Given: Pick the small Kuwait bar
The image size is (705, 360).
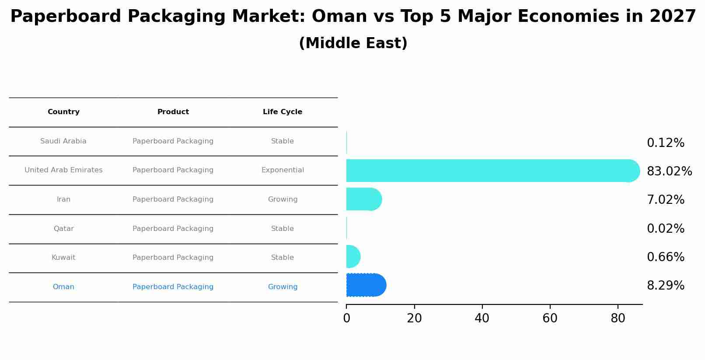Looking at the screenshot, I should [352, 257].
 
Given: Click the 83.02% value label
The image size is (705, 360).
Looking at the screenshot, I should [669, 171].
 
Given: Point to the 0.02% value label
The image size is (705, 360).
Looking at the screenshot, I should [665, 229].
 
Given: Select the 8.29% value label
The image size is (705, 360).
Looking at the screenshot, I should [665, 286].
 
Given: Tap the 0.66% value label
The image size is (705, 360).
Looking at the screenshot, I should [665, 257].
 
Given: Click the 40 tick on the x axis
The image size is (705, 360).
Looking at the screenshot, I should [482, 318].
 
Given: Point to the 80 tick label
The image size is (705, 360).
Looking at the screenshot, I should [618, 318].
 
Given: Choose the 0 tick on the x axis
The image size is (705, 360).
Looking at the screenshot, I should [346, 318].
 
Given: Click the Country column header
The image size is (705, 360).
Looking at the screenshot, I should [63, 112].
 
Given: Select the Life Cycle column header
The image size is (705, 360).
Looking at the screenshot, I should [283, 112].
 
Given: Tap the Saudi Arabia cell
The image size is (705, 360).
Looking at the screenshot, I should [63, 141].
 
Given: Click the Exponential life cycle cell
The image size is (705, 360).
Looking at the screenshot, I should [283, 170].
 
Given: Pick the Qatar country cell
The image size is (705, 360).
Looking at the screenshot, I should [63, 229].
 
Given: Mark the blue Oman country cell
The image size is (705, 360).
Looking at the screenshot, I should [63, 287].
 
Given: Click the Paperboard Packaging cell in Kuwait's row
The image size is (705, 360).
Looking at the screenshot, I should [173, 258].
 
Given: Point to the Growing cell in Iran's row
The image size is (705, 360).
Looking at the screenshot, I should [283, 199].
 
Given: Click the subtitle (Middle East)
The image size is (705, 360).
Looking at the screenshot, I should [353, 43].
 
